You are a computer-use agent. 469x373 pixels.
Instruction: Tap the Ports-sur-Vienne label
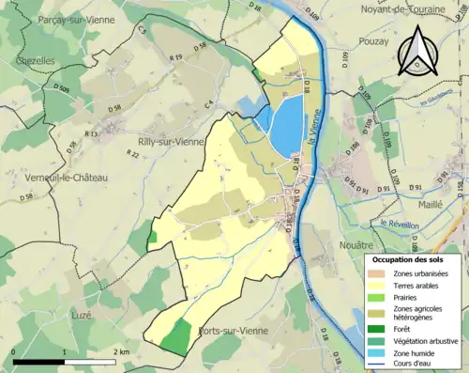coord(234,331)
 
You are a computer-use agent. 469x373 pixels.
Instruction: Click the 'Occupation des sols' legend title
coord(410,258)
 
